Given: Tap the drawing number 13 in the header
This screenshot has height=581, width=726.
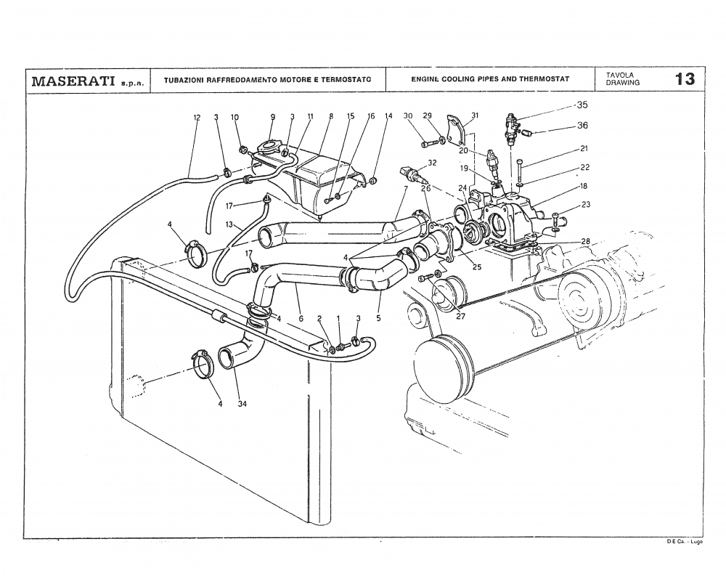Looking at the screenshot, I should point(684,79).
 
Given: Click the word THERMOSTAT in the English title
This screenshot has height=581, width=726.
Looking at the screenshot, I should point(544,78).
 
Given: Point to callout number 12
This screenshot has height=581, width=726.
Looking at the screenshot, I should point(196,117).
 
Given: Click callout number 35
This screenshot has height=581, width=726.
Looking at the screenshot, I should point(582,105).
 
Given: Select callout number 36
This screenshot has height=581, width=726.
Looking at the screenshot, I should point(582,126).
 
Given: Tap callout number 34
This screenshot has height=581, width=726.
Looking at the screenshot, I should point(242,405).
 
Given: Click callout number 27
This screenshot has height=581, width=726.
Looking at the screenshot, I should point(460,316).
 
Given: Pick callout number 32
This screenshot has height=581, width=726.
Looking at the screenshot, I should point(432,163).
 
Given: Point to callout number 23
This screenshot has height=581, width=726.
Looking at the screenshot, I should point(585,205).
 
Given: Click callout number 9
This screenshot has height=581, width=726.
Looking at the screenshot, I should point(273,117).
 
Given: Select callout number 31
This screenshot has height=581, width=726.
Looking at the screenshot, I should point(475,116).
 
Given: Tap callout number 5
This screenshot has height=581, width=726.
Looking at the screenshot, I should point(379,317).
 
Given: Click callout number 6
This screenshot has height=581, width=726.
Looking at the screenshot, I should point(301,317).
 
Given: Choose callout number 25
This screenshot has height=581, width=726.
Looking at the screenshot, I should point(478,267).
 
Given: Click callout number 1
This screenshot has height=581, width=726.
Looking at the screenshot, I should point(338,318).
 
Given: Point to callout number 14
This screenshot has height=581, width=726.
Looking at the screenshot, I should point(388,116).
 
